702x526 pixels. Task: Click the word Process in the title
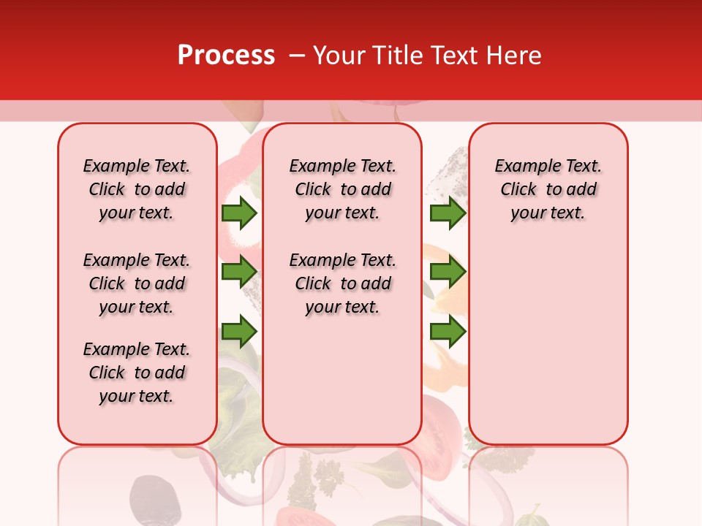tap(226, 56)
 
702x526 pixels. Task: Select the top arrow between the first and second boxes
tap(239, 213)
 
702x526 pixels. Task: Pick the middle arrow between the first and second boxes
tap(239, 272)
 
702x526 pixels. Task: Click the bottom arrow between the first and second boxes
tap(239, 332)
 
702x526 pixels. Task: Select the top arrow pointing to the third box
tap(448, 213)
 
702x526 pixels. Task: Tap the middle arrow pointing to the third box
tap(448, 272)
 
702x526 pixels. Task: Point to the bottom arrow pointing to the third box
tap(448, 332)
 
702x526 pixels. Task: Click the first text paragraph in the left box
tap(137, 189)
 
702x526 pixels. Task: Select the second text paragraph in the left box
tap(137, 283)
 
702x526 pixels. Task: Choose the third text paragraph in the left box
tap(137, 373)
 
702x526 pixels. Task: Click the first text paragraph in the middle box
tap(342, 189)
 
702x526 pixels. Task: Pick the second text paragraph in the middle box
tap(342, 283)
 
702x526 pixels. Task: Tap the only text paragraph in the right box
tap(548, 189)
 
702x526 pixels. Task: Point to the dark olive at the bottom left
tap(155, 500)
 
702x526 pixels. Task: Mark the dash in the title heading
tap(296, 56)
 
